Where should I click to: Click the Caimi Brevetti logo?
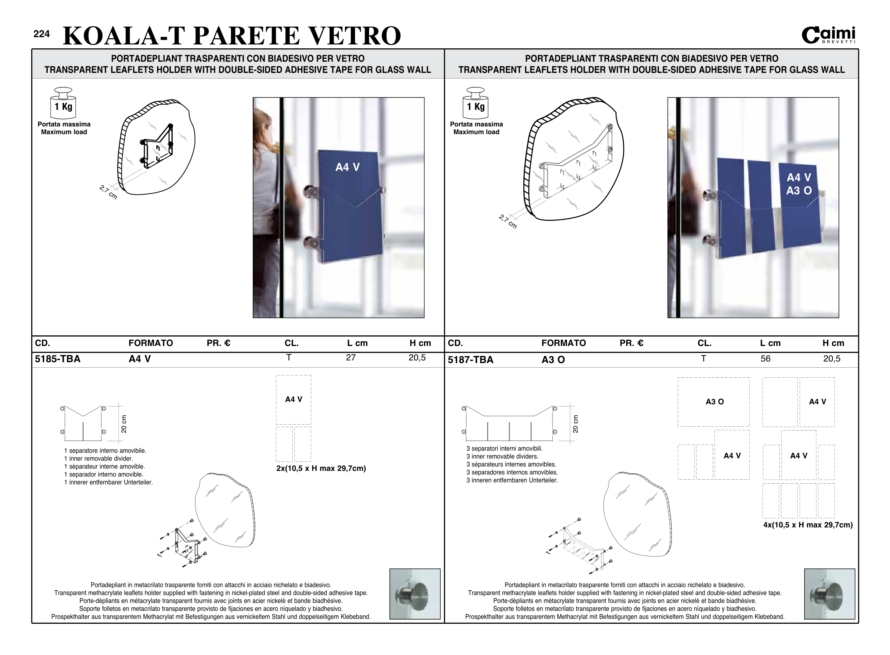click(828, 35)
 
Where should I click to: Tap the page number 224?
click(42, 34)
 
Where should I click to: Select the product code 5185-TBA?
click(58, 359)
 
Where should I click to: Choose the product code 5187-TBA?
click(470, 360)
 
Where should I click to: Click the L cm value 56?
click(765, 359)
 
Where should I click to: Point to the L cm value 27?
click(351, 358)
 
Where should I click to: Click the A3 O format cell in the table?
click(553, 360)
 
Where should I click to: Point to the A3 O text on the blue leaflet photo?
click(799, 191)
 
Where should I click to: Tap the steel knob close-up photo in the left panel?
click(415, 594)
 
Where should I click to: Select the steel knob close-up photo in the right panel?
click(829, 594)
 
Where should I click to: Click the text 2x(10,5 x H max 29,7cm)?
click(321, 468)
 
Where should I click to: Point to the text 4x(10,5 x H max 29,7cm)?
click(808, 525)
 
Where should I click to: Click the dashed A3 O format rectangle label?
click(714, 402)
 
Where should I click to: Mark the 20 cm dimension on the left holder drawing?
click(124, 424)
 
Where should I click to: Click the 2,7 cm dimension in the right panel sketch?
click(508, 221)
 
